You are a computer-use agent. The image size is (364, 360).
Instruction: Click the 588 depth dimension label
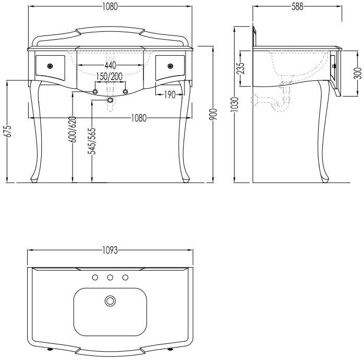coord(297,6)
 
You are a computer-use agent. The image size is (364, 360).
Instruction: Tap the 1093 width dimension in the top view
coord(110,250)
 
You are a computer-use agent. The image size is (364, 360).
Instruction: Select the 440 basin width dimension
coord(110,65)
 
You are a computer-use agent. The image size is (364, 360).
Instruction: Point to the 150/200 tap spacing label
coord(110,76)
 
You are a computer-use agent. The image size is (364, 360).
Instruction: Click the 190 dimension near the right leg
coord(169,94)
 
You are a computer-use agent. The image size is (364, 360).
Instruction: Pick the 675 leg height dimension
coord(8,131)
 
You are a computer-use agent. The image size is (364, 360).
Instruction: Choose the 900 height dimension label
coord(213,114)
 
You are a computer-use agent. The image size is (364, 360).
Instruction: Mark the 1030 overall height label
coord(235,104)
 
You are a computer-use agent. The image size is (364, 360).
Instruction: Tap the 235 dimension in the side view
coord(241,68)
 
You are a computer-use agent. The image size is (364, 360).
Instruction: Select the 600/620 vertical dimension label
coord(72,129)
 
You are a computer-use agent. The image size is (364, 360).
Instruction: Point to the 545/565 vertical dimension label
coord(92,141)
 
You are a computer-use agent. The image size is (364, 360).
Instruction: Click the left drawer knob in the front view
coord(50,66)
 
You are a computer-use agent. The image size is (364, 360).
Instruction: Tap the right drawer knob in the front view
coord(171,66)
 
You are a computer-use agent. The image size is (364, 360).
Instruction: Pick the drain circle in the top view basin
coord(110,301)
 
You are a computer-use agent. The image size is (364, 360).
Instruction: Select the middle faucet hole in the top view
coord(110,278)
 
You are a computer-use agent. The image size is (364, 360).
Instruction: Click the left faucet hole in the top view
coord(95,278)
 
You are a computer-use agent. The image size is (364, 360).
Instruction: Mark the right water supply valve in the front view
coord(125,91)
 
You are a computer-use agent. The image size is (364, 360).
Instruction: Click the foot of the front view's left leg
coord(34,180)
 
